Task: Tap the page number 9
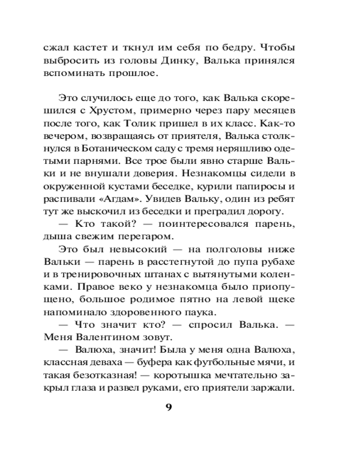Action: pos(169,408)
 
